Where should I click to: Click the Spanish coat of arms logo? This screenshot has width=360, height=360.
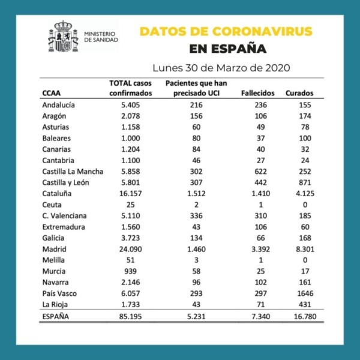[x=63, y=38]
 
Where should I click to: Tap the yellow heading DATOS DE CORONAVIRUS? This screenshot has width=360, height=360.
[x=226, y=31]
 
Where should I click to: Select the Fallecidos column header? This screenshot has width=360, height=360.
[x=257, y=93]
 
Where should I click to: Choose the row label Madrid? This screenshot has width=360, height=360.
[x=54, y=249]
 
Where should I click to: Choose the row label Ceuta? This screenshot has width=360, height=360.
[x=52, y=205]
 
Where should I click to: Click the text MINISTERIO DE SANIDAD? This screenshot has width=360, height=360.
[x=101, y=37]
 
